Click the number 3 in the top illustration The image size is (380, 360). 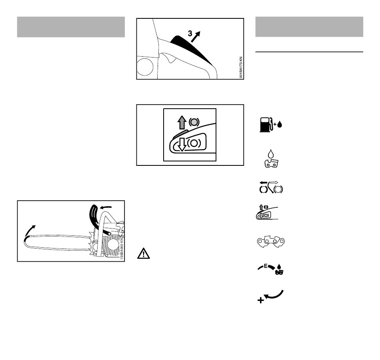(x=190, y=34)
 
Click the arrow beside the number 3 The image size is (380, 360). (x=196, y=37)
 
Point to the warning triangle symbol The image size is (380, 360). (x=144, y=253)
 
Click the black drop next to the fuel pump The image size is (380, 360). (x=280, y=124)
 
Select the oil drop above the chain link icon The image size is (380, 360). (x=271, y=154)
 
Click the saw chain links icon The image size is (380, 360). (x=271, y=242)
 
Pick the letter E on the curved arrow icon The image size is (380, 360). (x=266, y=266)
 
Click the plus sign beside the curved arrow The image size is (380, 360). (x=260, y=300)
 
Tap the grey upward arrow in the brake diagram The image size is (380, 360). (x=182, y=122)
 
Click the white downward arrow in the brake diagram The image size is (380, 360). (x=182, y=144)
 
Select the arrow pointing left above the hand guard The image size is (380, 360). (x=106, y=207)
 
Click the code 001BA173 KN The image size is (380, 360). (x=241, y=67)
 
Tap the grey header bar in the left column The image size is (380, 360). (x=71, y=27)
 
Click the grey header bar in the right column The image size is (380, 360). (x=309, y=27)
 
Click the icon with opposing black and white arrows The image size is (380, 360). (x=271, y=187)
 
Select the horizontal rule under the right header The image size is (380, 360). (x=309, y=52)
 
